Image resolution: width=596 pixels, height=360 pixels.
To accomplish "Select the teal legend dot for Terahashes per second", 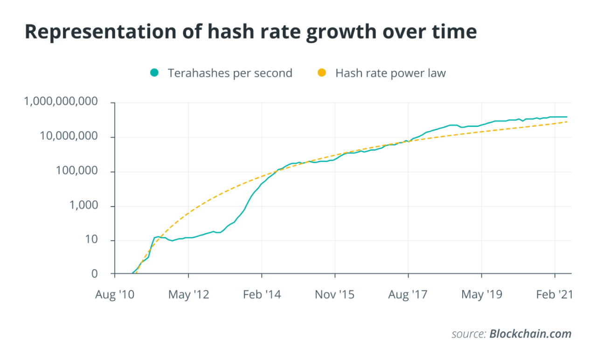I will [x=154, y=73].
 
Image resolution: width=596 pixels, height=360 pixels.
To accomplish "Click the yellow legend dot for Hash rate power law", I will [x=322, y=73].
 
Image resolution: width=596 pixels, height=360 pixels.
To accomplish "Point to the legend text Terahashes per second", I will [x=230, y=73].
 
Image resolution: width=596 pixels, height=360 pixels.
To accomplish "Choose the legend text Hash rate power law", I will [x=390, y=73].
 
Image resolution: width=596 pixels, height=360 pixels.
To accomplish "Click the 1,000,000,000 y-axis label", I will [x=61, y=102].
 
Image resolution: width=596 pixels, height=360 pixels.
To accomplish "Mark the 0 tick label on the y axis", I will [x=95, y=274].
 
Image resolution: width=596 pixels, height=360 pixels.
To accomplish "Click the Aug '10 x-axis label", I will [x=115, y=295].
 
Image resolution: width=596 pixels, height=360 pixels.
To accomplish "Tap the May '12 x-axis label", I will [x=188, y=295].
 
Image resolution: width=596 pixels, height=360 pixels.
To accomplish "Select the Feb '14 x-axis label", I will [x=262, y=295].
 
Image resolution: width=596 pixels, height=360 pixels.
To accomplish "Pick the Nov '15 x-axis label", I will [x=335, y=295].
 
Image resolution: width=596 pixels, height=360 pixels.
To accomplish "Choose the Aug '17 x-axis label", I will [x=408, y=295].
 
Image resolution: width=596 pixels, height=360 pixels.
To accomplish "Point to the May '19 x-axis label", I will [x=481, y=295].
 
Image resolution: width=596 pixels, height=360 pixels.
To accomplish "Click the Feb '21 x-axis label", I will [x=554, y=295].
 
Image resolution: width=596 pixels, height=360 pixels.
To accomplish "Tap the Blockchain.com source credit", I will [x=530, y=334].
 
